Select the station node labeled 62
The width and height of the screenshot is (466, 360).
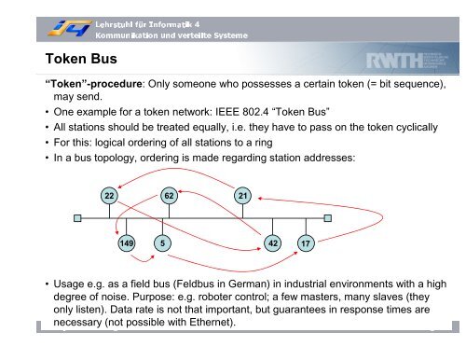tap(168, 195)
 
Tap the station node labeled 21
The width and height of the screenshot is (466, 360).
tap(242, 195)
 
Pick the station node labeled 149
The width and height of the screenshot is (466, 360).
tap(126, 243)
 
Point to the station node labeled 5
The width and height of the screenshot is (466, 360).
tap(162, 243)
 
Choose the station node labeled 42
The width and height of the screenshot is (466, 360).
tap(272, 243)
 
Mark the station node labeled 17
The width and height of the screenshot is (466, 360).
tap(306, 243)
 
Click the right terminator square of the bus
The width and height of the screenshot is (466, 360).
tap(324, 220)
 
